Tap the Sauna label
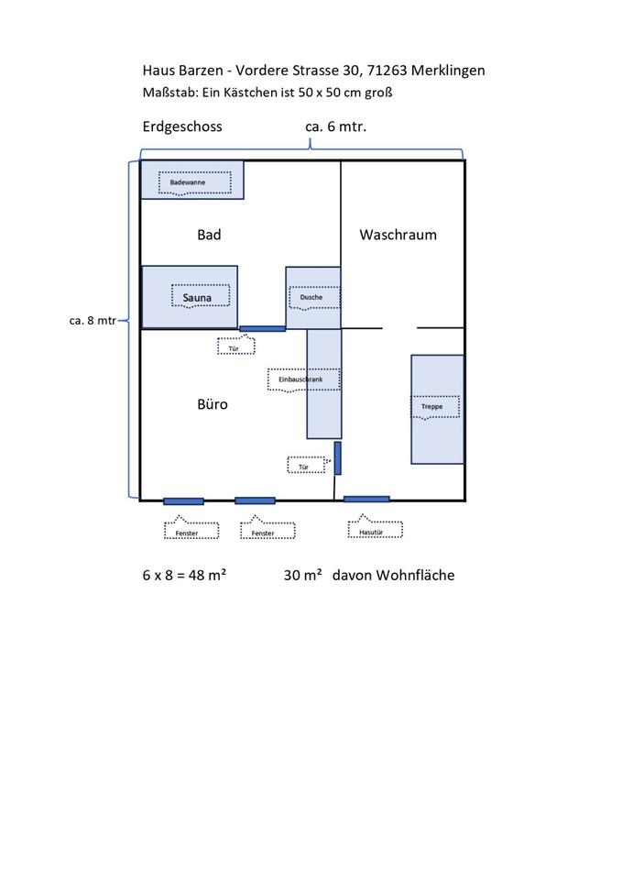click(x=198, y=298)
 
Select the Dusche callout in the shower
click(x=311, y=298)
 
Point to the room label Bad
click(x=209, y=235)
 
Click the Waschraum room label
click(x=398, y=235)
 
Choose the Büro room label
click(x=212, y=404)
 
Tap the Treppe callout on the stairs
click(x=432, y=406)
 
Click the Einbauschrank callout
click(x=303, y=379)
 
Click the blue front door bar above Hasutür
click(x=366, y=499)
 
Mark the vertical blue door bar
click(x=337, y=457)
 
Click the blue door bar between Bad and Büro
click(x=262, y=328)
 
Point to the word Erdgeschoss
click(x=182, y=127)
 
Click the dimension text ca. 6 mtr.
click(x=335, y=127)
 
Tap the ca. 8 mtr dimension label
click(x=93, y=321)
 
